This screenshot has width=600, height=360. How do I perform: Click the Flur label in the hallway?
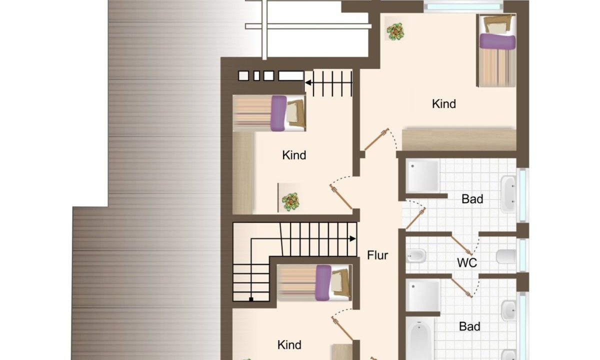[377, 255]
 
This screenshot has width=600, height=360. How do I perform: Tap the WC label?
[467, 263]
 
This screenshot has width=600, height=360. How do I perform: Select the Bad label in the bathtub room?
[469, 326]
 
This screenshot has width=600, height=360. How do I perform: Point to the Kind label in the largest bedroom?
[444, 104]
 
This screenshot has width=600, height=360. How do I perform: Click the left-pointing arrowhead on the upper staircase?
[308, 83]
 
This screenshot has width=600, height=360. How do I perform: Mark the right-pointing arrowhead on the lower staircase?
[353, 238]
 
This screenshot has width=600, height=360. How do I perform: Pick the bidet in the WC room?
[416, 256]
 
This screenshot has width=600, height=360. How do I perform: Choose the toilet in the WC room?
[506, 256]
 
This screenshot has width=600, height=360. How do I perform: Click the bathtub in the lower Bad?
[419, 338]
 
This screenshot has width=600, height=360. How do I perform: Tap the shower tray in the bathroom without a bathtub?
[422, 175]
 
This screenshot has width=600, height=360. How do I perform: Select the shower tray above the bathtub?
[423, 295]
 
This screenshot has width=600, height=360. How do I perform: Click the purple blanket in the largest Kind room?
[497, 41]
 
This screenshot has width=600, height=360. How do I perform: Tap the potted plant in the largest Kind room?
[395, 31]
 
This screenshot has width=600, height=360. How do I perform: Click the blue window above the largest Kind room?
[463, 6]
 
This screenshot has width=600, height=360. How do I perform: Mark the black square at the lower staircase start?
[251, 299]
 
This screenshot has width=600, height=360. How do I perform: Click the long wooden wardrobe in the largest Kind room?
[459, 140]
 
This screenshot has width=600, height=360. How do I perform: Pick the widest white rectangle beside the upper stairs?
[291, 76]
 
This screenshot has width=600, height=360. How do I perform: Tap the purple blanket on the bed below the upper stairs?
[278, 113]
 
